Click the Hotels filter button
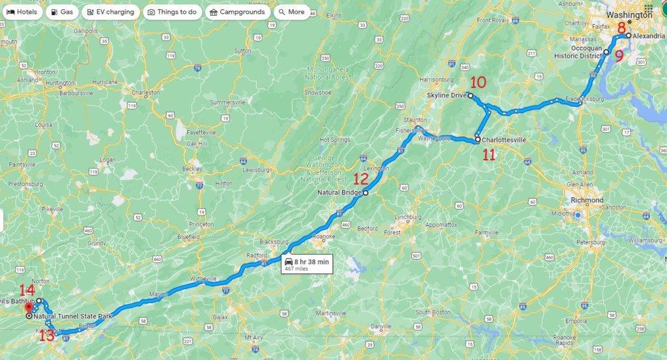coord(23,12)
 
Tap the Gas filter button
coord(63,12)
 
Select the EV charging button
coord(110,12)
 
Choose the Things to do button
coord(172,12)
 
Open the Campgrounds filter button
coord(236,12)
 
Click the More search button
coord(291,12)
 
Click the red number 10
coord(478,83)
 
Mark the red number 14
coord(27,290)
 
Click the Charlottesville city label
coord(504,139)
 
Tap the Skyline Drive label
coord(447,96)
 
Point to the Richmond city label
coord(586,200)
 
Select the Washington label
coord(629,14)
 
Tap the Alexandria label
coord(648,36)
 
